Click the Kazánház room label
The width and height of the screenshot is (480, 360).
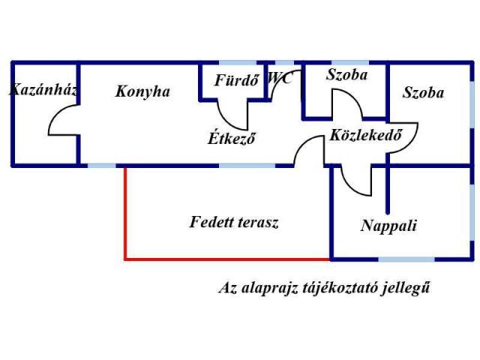pos(43,91)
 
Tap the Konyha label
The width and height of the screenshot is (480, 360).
pos(142,91)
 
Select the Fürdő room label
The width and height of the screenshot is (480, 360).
pos(236,80)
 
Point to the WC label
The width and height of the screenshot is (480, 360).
pos(280,77)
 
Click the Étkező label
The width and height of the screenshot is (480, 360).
pos(232,139)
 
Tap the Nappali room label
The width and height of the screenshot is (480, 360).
pos(388,226)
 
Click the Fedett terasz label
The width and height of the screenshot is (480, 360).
pos(234,223)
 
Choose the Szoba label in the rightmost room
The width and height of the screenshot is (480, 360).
pos(423,93)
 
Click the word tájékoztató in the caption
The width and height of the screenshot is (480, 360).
pos(340,287)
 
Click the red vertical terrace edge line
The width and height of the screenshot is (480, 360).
pos(124,213)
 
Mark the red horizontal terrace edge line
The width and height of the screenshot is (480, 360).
pos(225,259)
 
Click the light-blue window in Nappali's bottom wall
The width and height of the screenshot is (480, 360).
pos(406,259)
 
